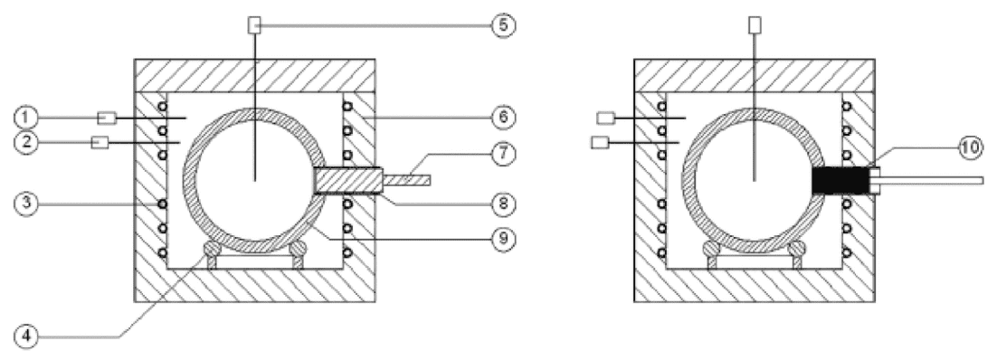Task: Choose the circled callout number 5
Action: coord(503,25)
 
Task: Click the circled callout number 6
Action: coord(503,118)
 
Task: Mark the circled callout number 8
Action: coord(503,204)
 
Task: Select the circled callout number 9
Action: coord(503,239)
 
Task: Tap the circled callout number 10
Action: coord(969,148)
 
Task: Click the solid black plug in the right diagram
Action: coord(840,181)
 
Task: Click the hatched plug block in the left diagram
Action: coord(347,181)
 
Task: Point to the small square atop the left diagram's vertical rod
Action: coord(254,25)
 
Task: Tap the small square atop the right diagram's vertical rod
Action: coord(755,24)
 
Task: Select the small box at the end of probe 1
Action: coord(106,118)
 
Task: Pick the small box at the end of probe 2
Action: coord(100,143)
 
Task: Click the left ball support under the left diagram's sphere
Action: coord(213,251)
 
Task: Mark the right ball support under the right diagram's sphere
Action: coord(797,251)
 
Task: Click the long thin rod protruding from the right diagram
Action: coord(933,181)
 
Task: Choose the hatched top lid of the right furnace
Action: coord(755,76)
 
